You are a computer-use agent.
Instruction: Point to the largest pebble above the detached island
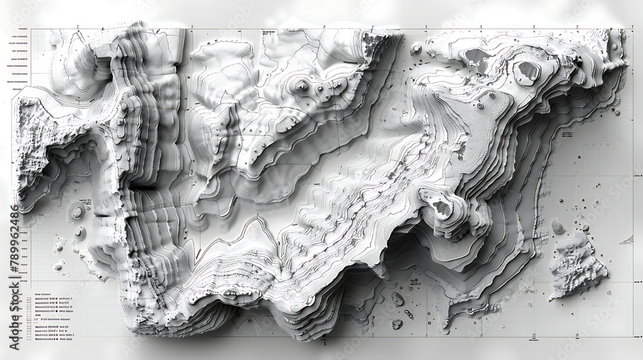557,226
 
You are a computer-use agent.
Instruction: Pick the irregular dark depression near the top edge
477,60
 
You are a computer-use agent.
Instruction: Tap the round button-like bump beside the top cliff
416,49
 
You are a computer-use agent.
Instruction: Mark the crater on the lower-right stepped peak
441,207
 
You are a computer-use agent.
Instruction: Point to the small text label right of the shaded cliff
566,134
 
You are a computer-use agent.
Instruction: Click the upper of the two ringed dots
491,96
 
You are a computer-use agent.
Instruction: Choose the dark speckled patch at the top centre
372,44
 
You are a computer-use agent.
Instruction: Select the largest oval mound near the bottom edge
397,299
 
